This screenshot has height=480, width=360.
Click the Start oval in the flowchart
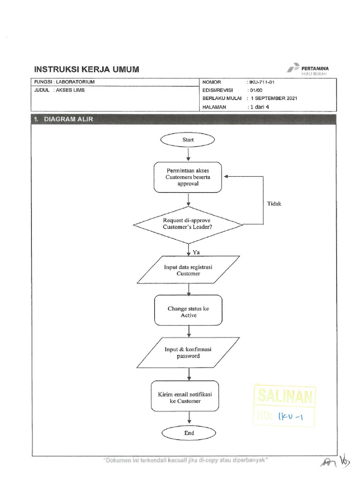187,139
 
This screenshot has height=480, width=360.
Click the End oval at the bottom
188,433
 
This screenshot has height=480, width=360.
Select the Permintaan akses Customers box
188,177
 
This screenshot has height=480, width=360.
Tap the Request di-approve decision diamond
188,224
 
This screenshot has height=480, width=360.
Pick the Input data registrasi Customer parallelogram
188,270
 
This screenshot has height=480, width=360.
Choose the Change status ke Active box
188,312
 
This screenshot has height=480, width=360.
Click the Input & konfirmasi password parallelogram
188,352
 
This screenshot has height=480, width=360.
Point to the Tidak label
274,204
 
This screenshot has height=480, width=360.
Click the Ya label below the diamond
196,252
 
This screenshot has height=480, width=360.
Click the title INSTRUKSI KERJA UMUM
87,69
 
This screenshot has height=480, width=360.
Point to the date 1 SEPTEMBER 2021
274,98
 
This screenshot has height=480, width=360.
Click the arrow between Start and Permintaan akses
188,154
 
